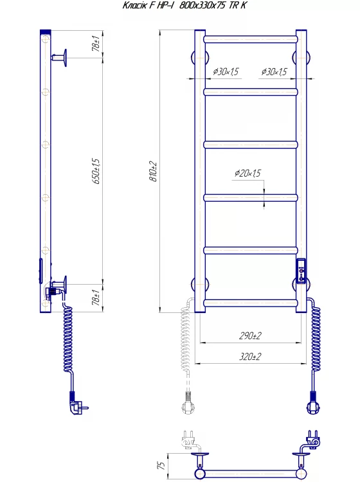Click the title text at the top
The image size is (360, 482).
coord(184,5)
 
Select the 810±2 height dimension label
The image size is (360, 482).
coord(154,172)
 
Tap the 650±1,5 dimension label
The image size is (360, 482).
coord(96,171)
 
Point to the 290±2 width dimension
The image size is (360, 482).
coord(250,335)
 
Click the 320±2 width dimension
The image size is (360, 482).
coord(250,356)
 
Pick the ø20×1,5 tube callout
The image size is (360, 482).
coord(248,173)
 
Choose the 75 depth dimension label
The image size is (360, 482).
coord(161,465)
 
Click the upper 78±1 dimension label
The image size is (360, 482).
coord(96,43)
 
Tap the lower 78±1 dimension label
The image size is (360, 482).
coord(96,298)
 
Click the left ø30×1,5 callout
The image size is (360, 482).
coord(226,71)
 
